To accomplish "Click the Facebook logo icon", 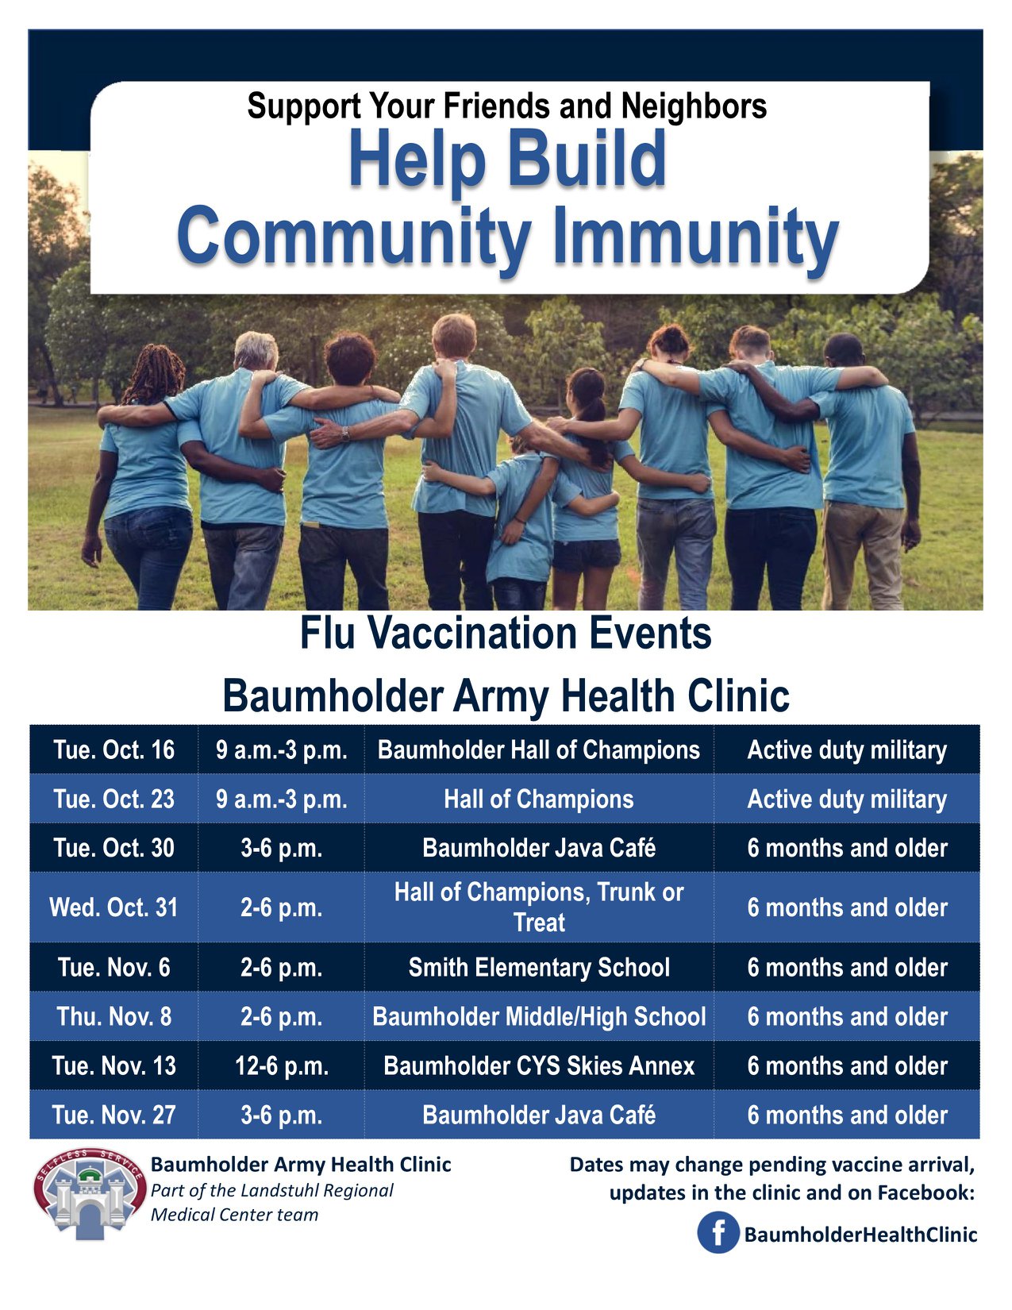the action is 718,1233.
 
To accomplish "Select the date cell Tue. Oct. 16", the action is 114,750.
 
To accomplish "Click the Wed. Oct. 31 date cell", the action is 114,907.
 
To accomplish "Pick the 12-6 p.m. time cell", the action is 282,1065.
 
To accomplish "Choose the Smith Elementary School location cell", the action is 539,968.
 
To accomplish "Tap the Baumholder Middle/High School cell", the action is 539,1017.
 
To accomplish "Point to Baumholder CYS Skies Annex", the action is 539,1065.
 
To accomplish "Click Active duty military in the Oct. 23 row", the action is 847,799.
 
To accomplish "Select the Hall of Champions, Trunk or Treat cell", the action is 539,907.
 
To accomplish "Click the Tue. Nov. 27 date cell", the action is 114,1115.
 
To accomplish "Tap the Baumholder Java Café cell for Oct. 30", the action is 539,848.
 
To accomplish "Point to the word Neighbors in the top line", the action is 694,106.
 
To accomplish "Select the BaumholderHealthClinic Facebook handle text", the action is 860,1234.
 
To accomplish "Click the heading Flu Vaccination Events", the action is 506,633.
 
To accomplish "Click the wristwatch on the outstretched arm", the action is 344,433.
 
